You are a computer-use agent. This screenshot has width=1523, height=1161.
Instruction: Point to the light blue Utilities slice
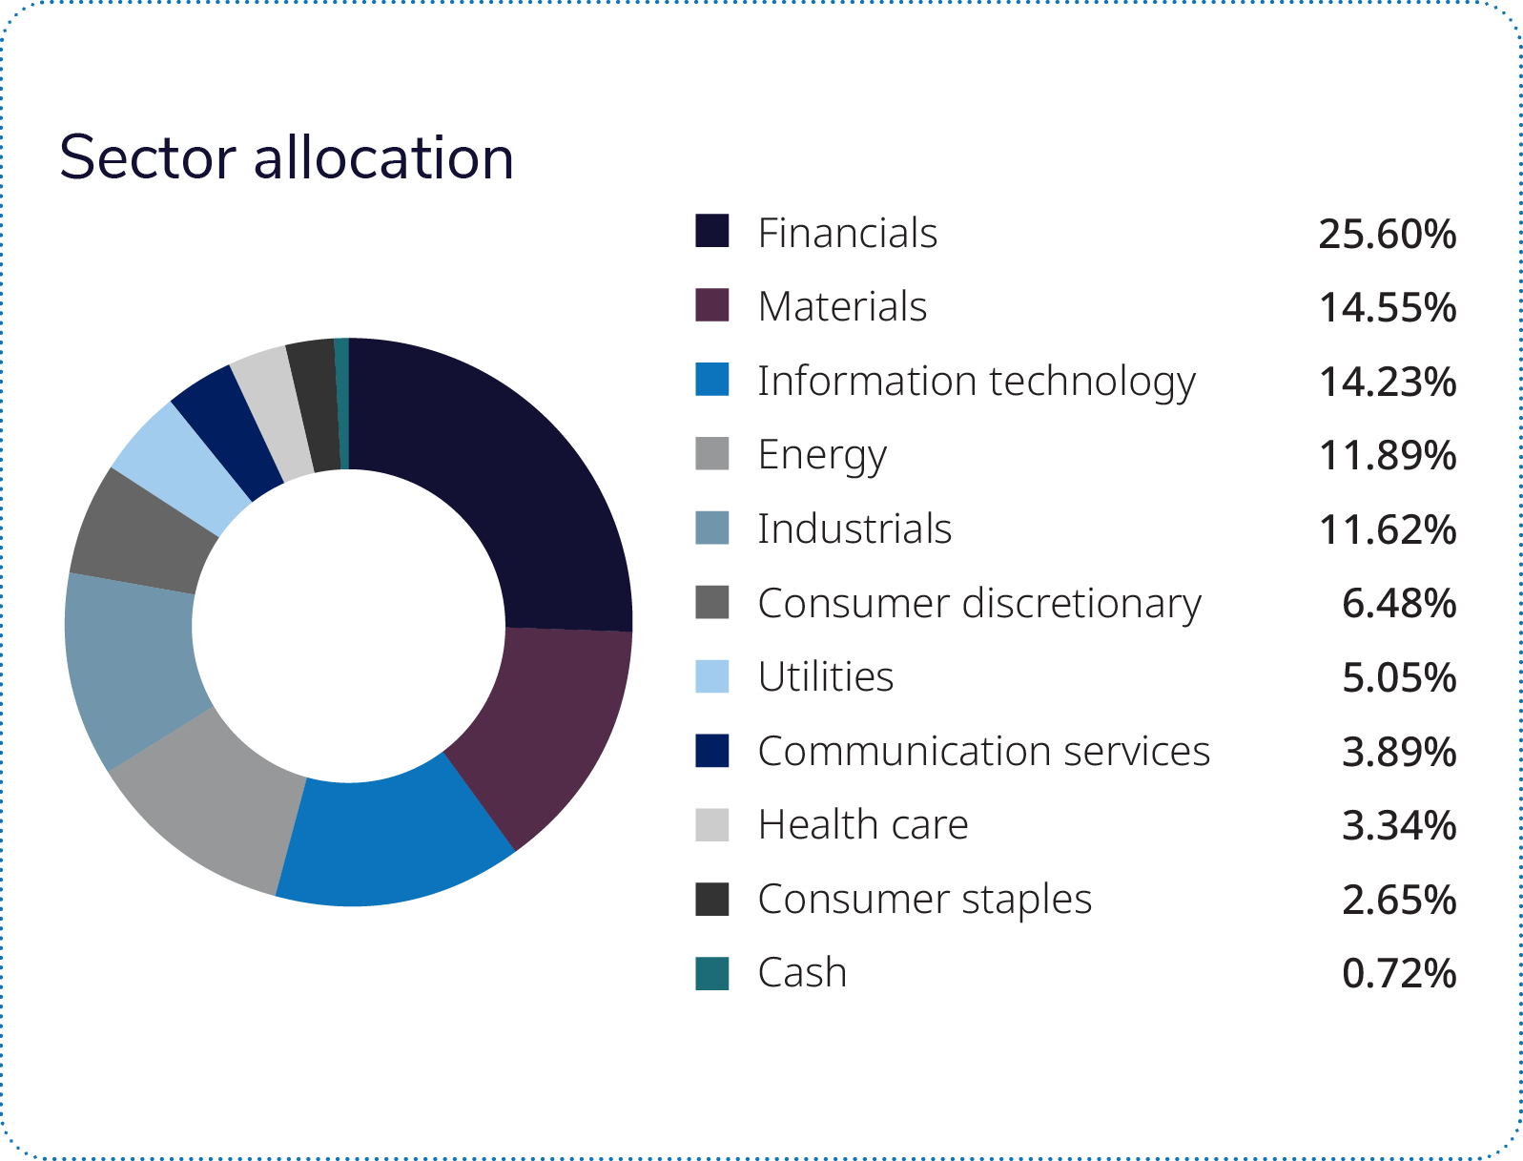(181, 467)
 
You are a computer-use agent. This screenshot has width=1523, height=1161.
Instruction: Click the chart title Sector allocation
(286, 157)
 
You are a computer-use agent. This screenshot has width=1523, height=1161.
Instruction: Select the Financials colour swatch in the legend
(711, 232)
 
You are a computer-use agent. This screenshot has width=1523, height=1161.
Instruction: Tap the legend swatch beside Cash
(711, 973)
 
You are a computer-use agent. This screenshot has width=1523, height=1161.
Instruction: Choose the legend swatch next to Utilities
(711, 676)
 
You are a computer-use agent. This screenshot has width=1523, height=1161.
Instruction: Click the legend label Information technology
(976, 381)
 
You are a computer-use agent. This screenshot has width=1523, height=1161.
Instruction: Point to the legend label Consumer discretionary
(978, 603)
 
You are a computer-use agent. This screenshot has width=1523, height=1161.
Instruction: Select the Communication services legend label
(983, 751)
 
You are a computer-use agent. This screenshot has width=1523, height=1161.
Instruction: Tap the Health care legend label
(862, 824)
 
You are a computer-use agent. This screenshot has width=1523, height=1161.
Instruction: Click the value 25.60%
(1387, 234)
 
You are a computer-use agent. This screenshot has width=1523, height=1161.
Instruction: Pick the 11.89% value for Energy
(1387, 456)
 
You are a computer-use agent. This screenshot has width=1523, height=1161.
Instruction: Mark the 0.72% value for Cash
(1398, 974)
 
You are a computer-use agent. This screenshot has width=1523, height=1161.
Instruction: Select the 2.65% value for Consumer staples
(1398, 900)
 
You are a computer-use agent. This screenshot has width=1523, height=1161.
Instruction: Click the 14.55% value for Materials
(1387, 307)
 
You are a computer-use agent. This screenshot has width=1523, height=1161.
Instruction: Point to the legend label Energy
(822, 455)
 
